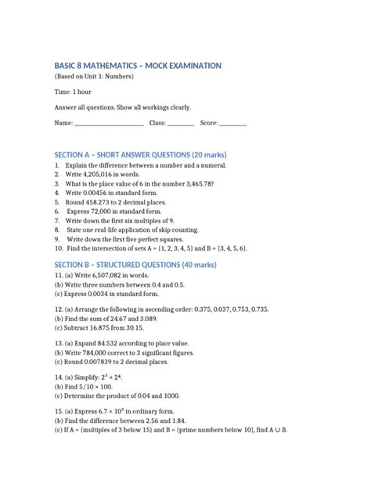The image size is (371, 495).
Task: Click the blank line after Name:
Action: pyautogui.click(x=107, y=124)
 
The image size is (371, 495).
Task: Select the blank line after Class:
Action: pyautogui.click(x=181, y=124)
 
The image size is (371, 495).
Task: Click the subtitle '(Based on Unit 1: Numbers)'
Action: pyautogui.click(x=95, y=78)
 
